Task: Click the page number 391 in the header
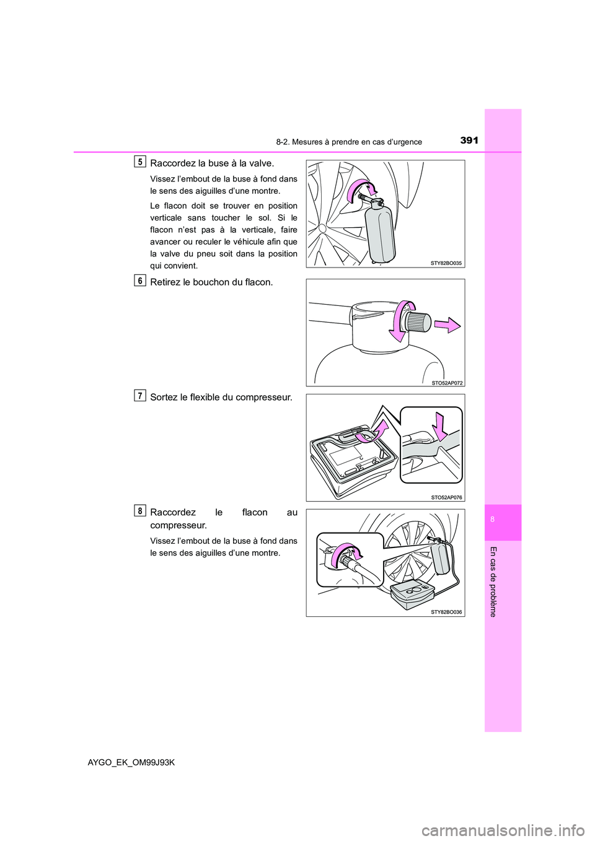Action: tap(469, 141)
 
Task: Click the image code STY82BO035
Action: tap(446, 263)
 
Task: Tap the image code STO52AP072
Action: tap(446, 383)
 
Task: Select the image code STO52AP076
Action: tap(446, 497)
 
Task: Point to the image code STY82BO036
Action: tap(446, 612)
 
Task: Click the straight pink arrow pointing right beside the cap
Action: tap(447, 325)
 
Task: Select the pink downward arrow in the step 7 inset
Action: tap(441, 426)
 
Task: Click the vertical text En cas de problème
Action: tap(493, 582)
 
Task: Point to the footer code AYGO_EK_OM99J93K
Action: tap(131, 762)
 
